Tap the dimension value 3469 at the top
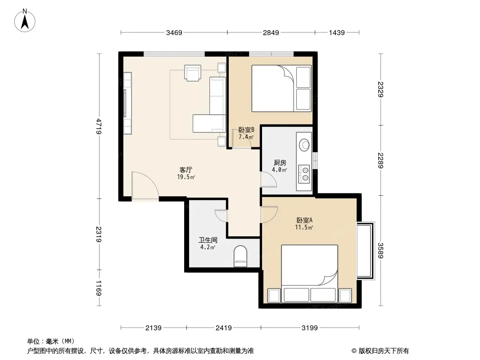pyautogui.click(x=174, y=33)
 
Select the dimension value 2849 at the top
pyautogui.click(x=271, y=33)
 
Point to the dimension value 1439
pyautogui.click(x=337, y=33)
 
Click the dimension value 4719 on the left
pyautogui.click(x=99, y=126)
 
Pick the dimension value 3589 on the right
pyautogui.click(x=380, y=251)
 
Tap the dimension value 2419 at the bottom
pyautogui.click(x=224, y=328)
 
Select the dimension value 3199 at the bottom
pyautogui.click(x=310, y=328)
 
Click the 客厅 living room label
pyautogui.click(x=186, y=170)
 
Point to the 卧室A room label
pyautogui.click(x=304, y=220)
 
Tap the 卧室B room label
pyautogui.click(x=246, y=130)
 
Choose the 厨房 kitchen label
pyautogui.click(x=280, y=163)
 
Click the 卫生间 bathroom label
pyautogui.click(x=208, y=240)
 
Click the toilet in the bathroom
pyautogui.click(x=240, y=256)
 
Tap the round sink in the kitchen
pyautogui.click(x=304, y=144)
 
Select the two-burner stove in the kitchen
pyautogui.click(x=304, y=174)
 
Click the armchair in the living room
pyautogui.click(x=193, y=73)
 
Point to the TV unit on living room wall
pyautogui.click(x=127, y=103)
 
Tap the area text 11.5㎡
pyautogui.click(x=304, y=227)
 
